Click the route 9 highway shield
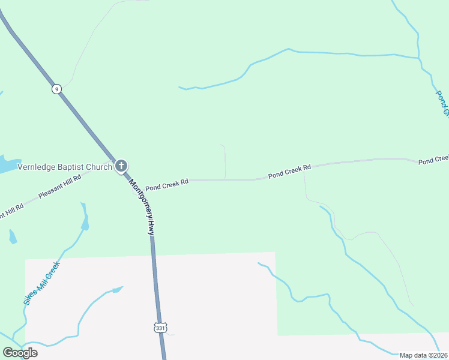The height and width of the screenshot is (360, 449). pyautogui.click(x=56, y=89)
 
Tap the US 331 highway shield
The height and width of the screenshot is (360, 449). pyautogui.click(x=159, y=328)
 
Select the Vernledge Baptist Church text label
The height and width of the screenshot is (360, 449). pyautogui.click(x=65, y=167)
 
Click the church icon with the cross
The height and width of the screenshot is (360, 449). pyautogui.click(x=121, y=166)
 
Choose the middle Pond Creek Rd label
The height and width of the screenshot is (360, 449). pyautogui.click(x=289, y=171)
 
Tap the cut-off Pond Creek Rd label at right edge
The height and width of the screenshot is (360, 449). pyautogui.click(x=433, y=160)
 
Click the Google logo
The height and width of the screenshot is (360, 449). pyautogui.click(x=20, y=353)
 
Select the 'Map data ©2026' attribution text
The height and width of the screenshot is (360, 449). pyautogui.click(x=423, y=355)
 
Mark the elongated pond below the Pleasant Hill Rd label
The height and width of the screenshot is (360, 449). pyautogui.click(x=85, y=217)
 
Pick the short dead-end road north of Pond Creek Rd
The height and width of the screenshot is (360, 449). pyautogui.click(x=224, y=161)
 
